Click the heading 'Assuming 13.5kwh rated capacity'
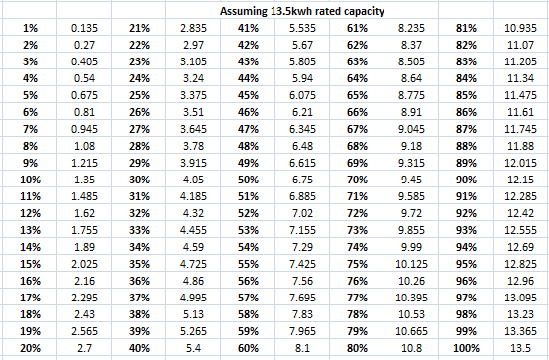[x=302, y=11]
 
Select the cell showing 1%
[x=30, y=28]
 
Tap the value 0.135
[x=84, y=28]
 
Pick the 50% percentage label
[x=248, y=180]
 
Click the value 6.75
[x=302, y=180]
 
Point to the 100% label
[x=466, y=348]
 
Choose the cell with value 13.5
[x=520, y=348]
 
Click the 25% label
[x=139, y=95]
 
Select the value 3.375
[x=193, y=95]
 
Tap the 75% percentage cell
[x=357, y=264]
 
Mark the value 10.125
[x=412, y=264]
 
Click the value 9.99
[x=412, y=247]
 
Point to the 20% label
[x=30, y=348]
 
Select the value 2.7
[x=84, y=348]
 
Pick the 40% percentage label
[x=139, y=348]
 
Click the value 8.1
[x=302, y=348]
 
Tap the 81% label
[x=466, y=28]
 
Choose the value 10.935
[x=520, y=28]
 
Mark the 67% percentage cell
[x=357, y=129]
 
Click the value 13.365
[x=520, y=331]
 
